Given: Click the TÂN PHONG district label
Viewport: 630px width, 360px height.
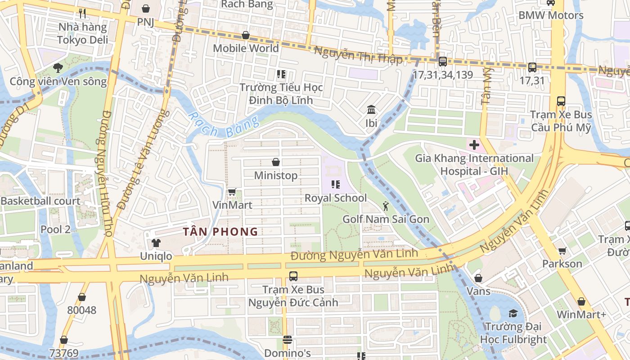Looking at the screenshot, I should pyautogui.click(x=220, y=232).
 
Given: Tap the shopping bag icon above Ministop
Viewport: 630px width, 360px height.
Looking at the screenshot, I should pyautogui.click(x=276, y=162).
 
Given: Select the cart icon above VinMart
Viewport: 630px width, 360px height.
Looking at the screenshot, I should pyautogui.click(x=232, y=192).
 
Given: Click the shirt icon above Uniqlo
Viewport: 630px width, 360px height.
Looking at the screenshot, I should pyautogui.click(x=156, y=243).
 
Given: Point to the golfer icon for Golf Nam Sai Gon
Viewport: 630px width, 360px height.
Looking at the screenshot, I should pyautogui.click(x=386, y=206).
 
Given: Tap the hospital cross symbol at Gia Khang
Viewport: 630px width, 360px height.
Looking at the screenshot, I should pyautogui.click(x=474, y=145).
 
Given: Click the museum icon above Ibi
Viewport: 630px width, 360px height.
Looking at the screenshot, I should pyautogui.click(x=371, y=110).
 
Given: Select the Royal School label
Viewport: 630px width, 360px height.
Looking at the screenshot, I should pyautogui.click(x=336, y=198).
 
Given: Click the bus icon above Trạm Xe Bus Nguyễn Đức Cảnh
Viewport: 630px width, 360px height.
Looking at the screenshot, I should pyautogui.click(x=293, y=276).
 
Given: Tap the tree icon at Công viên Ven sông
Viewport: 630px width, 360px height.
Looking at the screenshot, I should pyautogui.click(x=58, y=68).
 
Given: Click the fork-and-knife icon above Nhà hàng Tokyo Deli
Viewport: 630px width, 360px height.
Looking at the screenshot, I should pyautogui.click(x=82, y=13).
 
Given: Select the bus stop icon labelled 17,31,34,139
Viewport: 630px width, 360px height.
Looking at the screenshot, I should pyautogui.click(x=442, y=62).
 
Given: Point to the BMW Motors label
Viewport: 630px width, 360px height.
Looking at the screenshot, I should pyautogui.click(x=551, y=15).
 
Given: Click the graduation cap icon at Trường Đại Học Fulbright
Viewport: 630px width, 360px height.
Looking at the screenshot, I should pyautogui.click(x=513, y=313).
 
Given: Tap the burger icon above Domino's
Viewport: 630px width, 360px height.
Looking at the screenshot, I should pyautogui.click(x=288, y=340).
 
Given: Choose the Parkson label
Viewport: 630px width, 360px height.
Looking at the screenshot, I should pyautogui.click(x=562, y=263).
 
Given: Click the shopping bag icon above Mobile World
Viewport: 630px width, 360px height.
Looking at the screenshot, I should pyautogui.click(x=246, y=35).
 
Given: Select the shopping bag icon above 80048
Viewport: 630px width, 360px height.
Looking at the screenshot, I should pyautogui.click(x=82, y=297).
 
